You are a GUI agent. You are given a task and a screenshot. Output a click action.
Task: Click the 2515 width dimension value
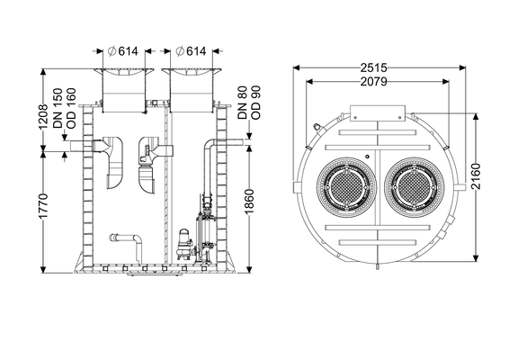click(x=373, y=67)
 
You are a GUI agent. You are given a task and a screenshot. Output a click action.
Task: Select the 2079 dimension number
click(x=373, y=81)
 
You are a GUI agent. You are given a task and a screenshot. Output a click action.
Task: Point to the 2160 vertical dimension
click(x=476, y=176)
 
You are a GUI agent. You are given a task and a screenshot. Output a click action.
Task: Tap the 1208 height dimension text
click(x=43, y=117)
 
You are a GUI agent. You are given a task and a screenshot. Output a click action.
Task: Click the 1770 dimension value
click(x=43, y=206)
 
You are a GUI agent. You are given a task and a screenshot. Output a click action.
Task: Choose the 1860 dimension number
click(x=249, y=202)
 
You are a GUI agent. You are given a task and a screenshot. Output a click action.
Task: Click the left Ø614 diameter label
click(x=123, y=51)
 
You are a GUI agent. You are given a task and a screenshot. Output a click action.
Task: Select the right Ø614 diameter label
click(x=191, y=51)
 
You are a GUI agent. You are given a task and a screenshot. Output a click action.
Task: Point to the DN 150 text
click(x=58, y=108)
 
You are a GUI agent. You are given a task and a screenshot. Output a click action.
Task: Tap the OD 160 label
click(x=71, y=108)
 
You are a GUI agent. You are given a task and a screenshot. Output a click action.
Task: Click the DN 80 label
click(x=243, y=103)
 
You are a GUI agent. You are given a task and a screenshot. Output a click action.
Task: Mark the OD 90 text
click(x=255, y=103)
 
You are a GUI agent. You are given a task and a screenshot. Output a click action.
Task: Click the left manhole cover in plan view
click(x=347, y=187)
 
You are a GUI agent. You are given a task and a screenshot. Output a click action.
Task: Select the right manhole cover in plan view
click(x=415, y=187)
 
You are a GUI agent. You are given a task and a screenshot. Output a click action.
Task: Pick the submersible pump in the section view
click(x=184, y=244)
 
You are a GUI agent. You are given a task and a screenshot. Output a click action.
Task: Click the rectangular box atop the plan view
click(x=378, y=113)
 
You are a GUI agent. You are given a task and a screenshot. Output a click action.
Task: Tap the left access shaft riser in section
click(x=124, y=91)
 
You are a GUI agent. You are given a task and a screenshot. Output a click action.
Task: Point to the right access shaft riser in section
click(x=192, y=91)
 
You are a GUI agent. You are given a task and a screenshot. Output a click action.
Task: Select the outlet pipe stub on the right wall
click(x=235, y=142)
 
